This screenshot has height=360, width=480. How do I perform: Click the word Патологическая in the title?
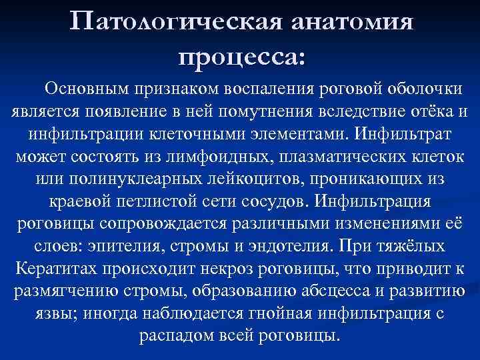click(177, 22)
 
